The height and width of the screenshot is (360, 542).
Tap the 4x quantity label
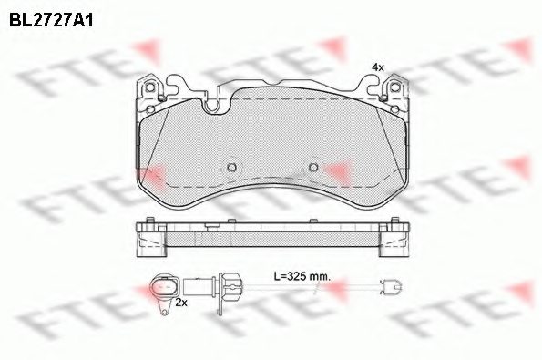379,67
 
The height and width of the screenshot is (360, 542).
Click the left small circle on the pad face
230,168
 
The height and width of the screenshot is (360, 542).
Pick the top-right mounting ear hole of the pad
395,88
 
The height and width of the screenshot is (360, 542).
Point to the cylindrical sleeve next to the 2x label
197,285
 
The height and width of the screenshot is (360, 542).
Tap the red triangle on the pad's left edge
152,172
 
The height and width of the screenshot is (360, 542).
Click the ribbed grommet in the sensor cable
229,285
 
